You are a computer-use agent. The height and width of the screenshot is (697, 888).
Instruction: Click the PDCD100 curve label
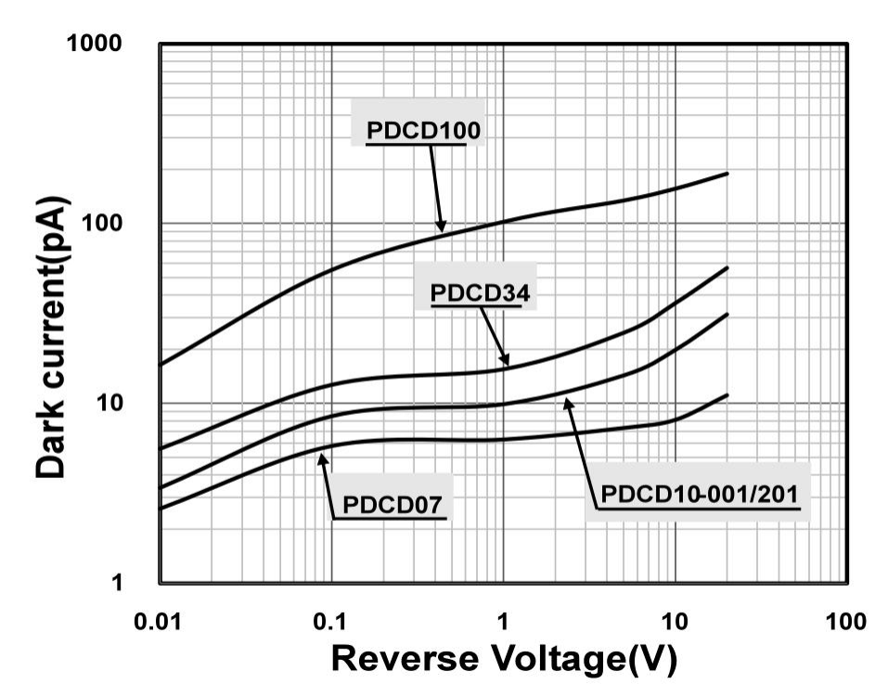click(x=423, y=131)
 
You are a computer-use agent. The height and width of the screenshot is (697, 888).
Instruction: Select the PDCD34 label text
click(x=480, y=294)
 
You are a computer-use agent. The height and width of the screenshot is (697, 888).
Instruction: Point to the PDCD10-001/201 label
click(x=699, y=494)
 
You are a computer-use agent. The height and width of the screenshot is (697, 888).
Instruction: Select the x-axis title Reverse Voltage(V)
click(x=504, y=658)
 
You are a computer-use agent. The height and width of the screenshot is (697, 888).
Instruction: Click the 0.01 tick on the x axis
click(x=160, y=620)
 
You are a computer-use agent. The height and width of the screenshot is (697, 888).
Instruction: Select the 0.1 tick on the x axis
click(x=331, y=620)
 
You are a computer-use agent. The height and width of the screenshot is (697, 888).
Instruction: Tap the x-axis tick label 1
click(x=503, y=620)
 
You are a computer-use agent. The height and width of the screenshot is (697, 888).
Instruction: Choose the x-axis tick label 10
click(x=675, y=620)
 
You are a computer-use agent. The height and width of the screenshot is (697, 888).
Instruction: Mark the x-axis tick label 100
click(x=845, y=620)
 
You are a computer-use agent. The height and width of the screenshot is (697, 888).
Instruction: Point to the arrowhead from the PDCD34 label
click(x=506, y=362)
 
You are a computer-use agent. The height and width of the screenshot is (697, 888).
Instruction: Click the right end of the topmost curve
click(x=727, y=174)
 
